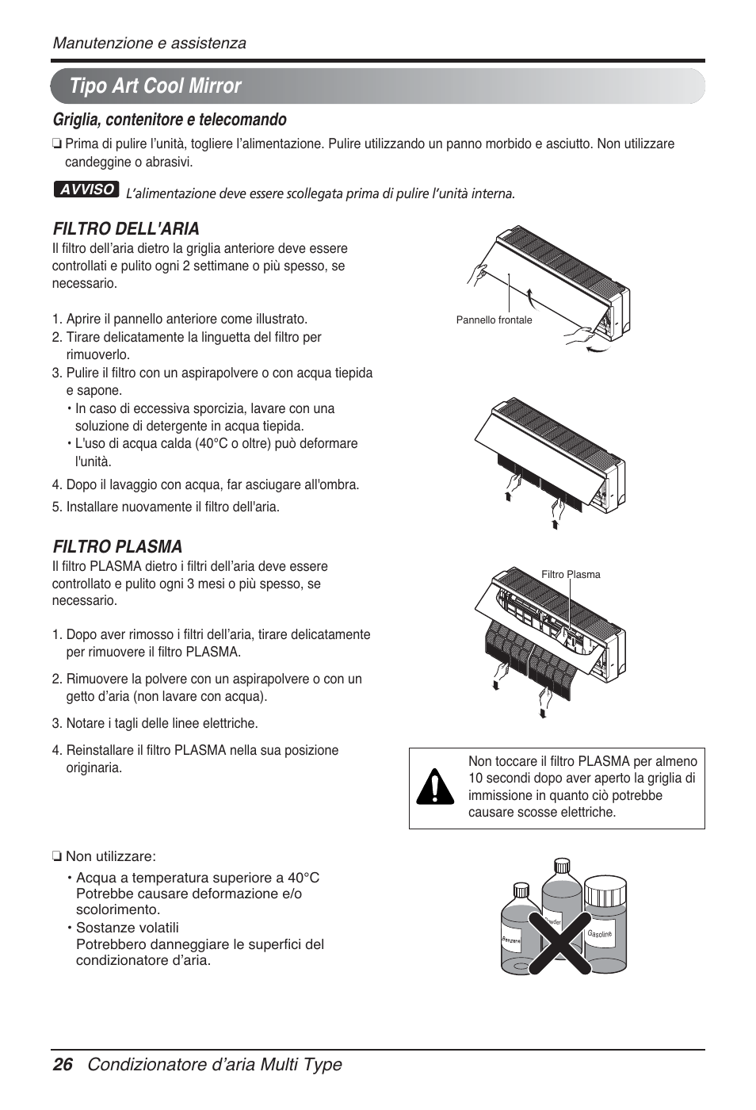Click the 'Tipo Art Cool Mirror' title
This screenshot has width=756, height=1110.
coord(155,86)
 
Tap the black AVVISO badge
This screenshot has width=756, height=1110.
coord(86,189)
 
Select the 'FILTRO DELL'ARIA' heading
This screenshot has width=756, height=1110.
coord(126,229)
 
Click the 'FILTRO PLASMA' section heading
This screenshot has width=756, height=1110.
coord(117,546)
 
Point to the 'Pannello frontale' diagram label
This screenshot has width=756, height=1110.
coord(494,320)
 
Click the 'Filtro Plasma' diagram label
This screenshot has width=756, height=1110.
coord(571,575)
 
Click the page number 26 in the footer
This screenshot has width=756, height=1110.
coord(63,1065)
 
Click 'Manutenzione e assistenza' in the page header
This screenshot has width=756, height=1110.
coord(149,43)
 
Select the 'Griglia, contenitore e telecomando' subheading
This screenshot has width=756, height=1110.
coord(170,120)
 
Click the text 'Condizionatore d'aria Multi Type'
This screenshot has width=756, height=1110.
coord(214,1065)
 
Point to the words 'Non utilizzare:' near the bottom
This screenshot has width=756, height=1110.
coord(110,856)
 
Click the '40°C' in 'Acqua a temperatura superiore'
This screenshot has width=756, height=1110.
coord(304,878)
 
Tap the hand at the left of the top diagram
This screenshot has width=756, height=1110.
coord(478,274)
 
